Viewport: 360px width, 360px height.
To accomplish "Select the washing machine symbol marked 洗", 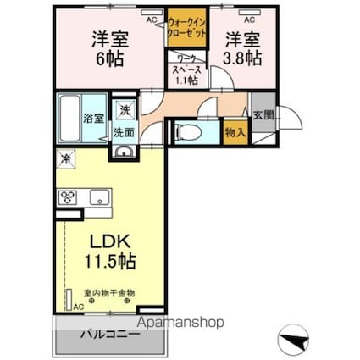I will coord(125,110).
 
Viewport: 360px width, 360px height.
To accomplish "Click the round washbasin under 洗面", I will coord(125,151).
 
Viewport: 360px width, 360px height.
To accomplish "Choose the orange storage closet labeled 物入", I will coord(234,131).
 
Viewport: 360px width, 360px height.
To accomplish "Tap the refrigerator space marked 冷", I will coord(66,158).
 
